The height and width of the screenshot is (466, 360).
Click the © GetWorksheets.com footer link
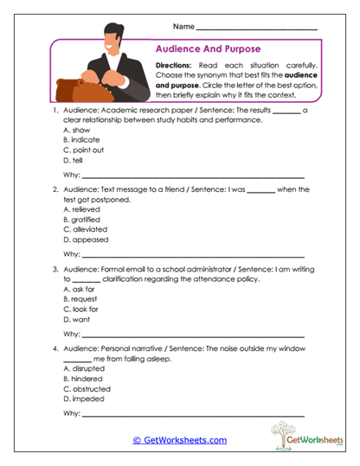point(180,440)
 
